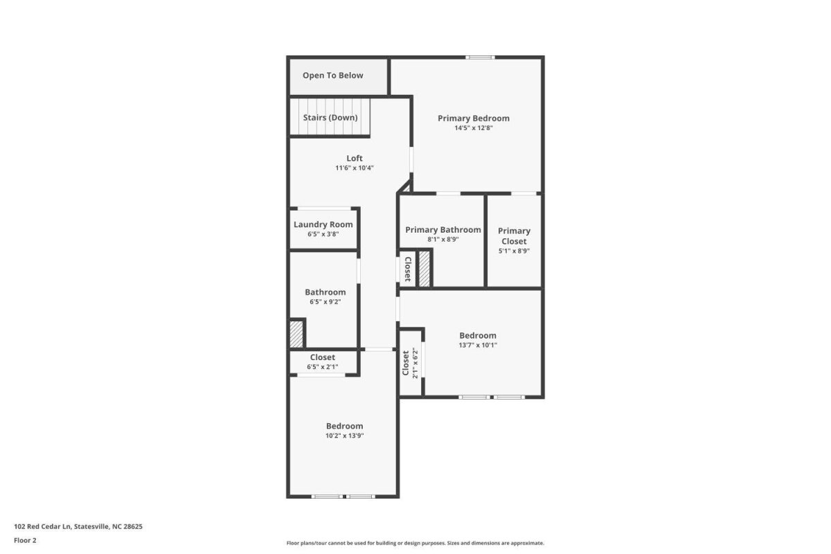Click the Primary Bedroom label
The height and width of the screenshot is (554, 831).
coord(474,118)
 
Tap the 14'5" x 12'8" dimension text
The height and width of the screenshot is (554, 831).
coord(474,128)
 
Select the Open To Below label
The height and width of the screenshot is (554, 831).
coord(333,75)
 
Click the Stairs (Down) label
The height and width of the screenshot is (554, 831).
coord(330,118)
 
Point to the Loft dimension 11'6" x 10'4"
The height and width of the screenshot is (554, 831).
coord(355,168)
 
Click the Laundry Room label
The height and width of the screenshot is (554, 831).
coord(323,224)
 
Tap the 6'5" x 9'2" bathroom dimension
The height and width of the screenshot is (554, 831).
coord(325,302)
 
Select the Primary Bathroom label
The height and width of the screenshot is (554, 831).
coord(443,230)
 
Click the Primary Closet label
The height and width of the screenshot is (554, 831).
coord(514,236)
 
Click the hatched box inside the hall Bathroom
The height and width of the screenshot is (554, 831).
coord(296,334)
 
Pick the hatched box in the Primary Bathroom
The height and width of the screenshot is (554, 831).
coord(424,269)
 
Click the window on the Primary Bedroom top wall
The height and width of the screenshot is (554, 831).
coord(480,57)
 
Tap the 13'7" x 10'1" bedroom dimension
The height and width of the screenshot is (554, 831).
coord(478,345)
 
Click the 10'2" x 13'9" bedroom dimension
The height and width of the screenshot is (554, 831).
coord(344,436)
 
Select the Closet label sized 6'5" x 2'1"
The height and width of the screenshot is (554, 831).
coord(323,357)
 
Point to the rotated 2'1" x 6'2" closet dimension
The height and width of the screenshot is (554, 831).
coord(415,363)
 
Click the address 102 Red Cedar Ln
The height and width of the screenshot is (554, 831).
coord(42,526)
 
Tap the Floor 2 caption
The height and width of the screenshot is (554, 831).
coord(25,540)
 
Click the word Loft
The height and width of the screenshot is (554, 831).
coord(355,159)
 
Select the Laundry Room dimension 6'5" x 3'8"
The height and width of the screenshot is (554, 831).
coord(323,234)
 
